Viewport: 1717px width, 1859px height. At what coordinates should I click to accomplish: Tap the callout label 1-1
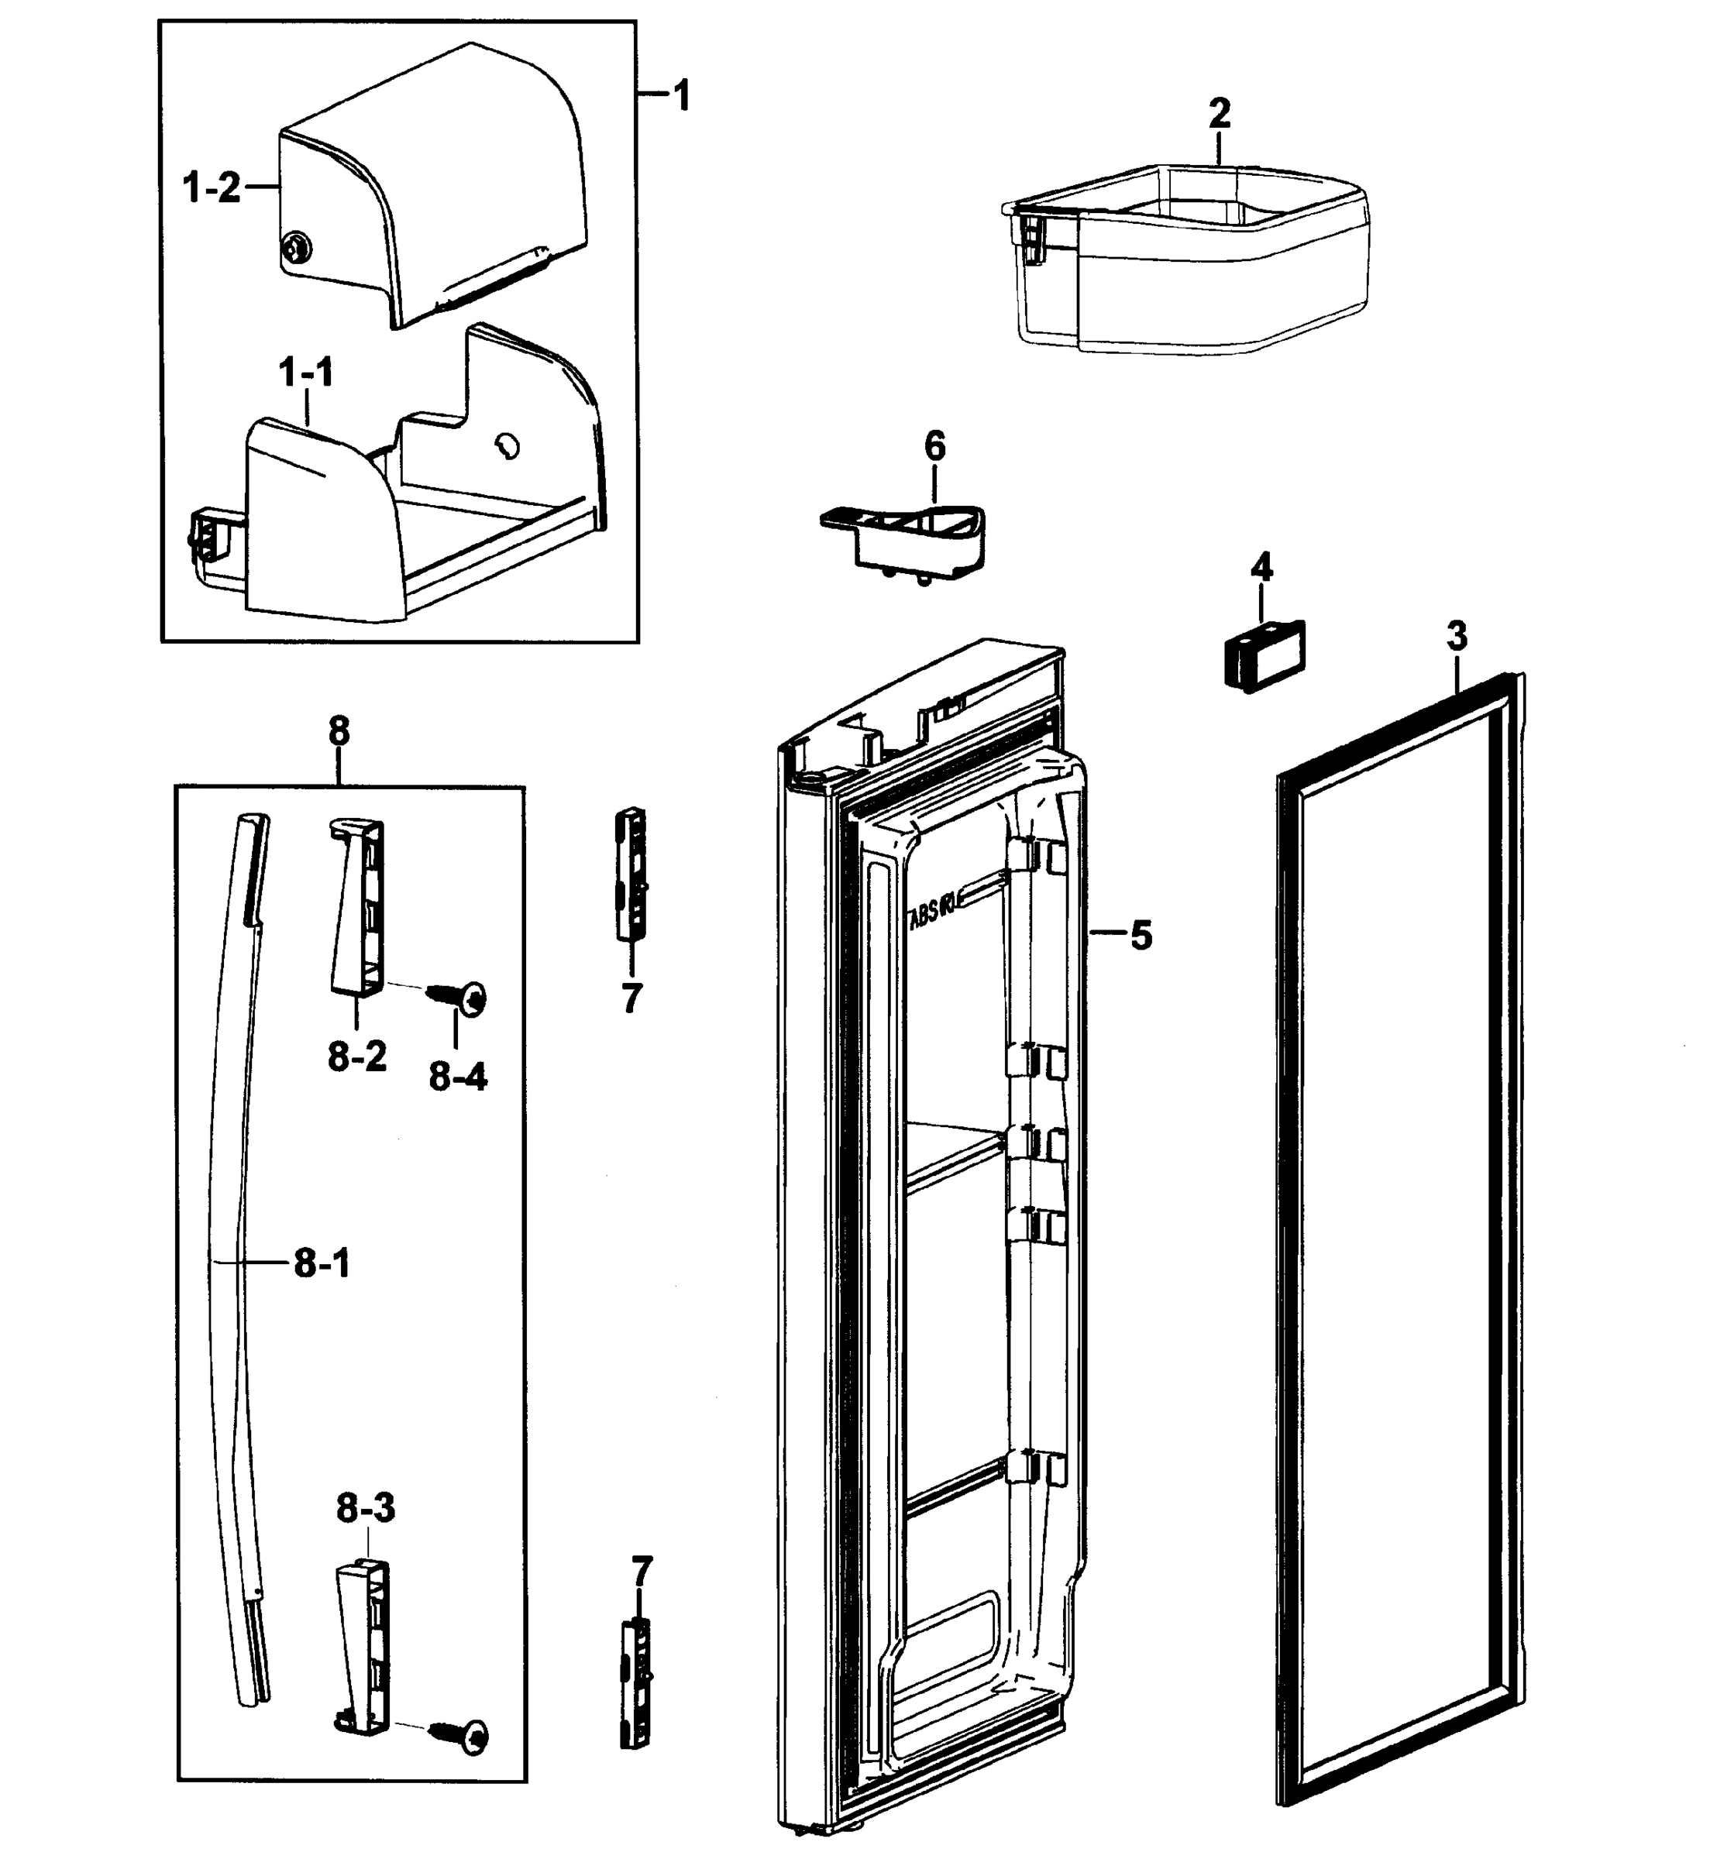pos(306,373)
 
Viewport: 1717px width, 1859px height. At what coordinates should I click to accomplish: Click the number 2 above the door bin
pos(1219,115)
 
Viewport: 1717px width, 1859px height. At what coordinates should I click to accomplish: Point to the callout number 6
pos(934,447)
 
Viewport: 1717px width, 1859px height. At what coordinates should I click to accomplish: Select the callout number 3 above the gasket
pos(1457,637)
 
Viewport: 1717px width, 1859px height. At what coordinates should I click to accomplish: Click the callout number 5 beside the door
pos(1141,936)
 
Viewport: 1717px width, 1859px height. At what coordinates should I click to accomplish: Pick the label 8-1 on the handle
pos(322,1263)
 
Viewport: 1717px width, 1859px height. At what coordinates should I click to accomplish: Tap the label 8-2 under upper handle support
pos(356,1057)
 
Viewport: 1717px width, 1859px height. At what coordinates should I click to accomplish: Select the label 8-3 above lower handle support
pos(365,1510)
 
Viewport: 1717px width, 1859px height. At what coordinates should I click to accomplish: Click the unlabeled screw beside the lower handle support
pos(467,1734)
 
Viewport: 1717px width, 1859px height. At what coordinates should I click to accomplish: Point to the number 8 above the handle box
pos(339,732)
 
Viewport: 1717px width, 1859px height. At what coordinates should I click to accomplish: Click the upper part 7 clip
pos(631,873)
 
